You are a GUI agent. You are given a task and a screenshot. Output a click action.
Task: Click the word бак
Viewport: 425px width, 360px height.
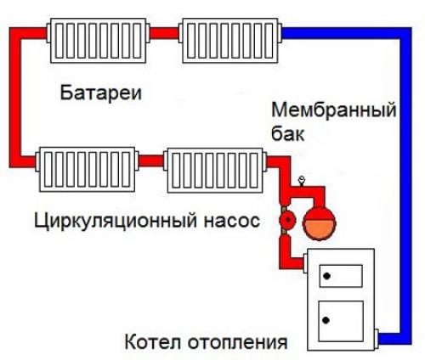point(287,134)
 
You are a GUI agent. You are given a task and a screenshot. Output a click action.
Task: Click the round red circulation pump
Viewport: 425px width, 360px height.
point(288,219)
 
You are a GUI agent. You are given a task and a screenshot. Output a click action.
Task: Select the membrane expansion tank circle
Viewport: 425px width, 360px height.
point(318,218)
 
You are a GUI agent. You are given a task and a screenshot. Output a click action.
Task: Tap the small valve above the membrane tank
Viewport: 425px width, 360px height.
point(301,183)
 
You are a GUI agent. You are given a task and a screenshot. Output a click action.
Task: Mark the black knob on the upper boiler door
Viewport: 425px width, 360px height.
point(326,275)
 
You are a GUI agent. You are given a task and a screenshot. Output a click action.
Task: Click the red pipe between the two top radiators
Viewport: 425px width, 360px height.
point(167,34)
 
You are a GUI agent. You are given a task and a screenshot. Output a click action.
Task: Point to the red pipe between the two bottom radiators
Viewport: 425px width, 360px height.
point(151,159)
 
